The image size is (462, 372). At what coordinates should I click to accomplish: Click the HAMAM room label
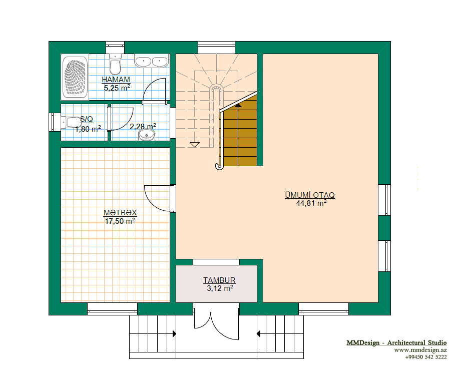point(116,79)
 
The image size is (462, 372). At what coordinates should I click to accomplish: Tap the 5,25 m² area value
point(117,88)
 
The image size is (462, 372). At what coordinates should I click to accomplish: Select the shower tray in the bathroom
point(75,77)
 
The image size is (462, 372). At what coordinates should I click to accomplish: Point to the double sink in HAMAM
point(152,61)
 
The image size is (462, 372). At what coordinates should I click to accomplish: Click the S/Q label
point(87,119)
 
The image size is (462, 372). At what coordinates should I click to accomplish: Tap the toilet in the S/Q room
point(71,122)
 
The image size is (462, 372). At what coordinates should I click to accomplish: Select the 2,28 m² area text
point(143,127)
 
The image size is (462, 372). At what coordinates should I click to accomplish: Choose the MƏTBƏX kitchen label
point(120,212)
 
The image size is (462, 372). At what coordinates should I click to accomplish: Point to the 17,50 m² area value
point(120,221)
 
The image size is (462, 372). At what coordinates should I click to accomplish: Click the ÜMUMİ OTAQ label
point(310,195)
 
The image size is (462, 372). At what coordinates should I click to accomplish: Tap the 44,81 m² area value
point(311,203)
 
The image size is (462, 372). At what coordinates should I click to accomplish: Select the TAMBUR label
point(219,280)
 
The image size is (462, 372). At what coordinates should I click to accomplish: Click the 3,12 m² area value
point(220,288)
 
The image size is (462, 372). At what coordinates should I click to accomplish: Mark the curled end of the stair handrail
point(219,167)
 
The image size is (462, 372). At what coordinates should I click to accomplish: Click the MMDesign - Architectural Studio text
point(396,342)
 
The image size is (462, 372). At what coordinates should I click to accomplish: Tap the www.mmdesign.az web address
point(420,350)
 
